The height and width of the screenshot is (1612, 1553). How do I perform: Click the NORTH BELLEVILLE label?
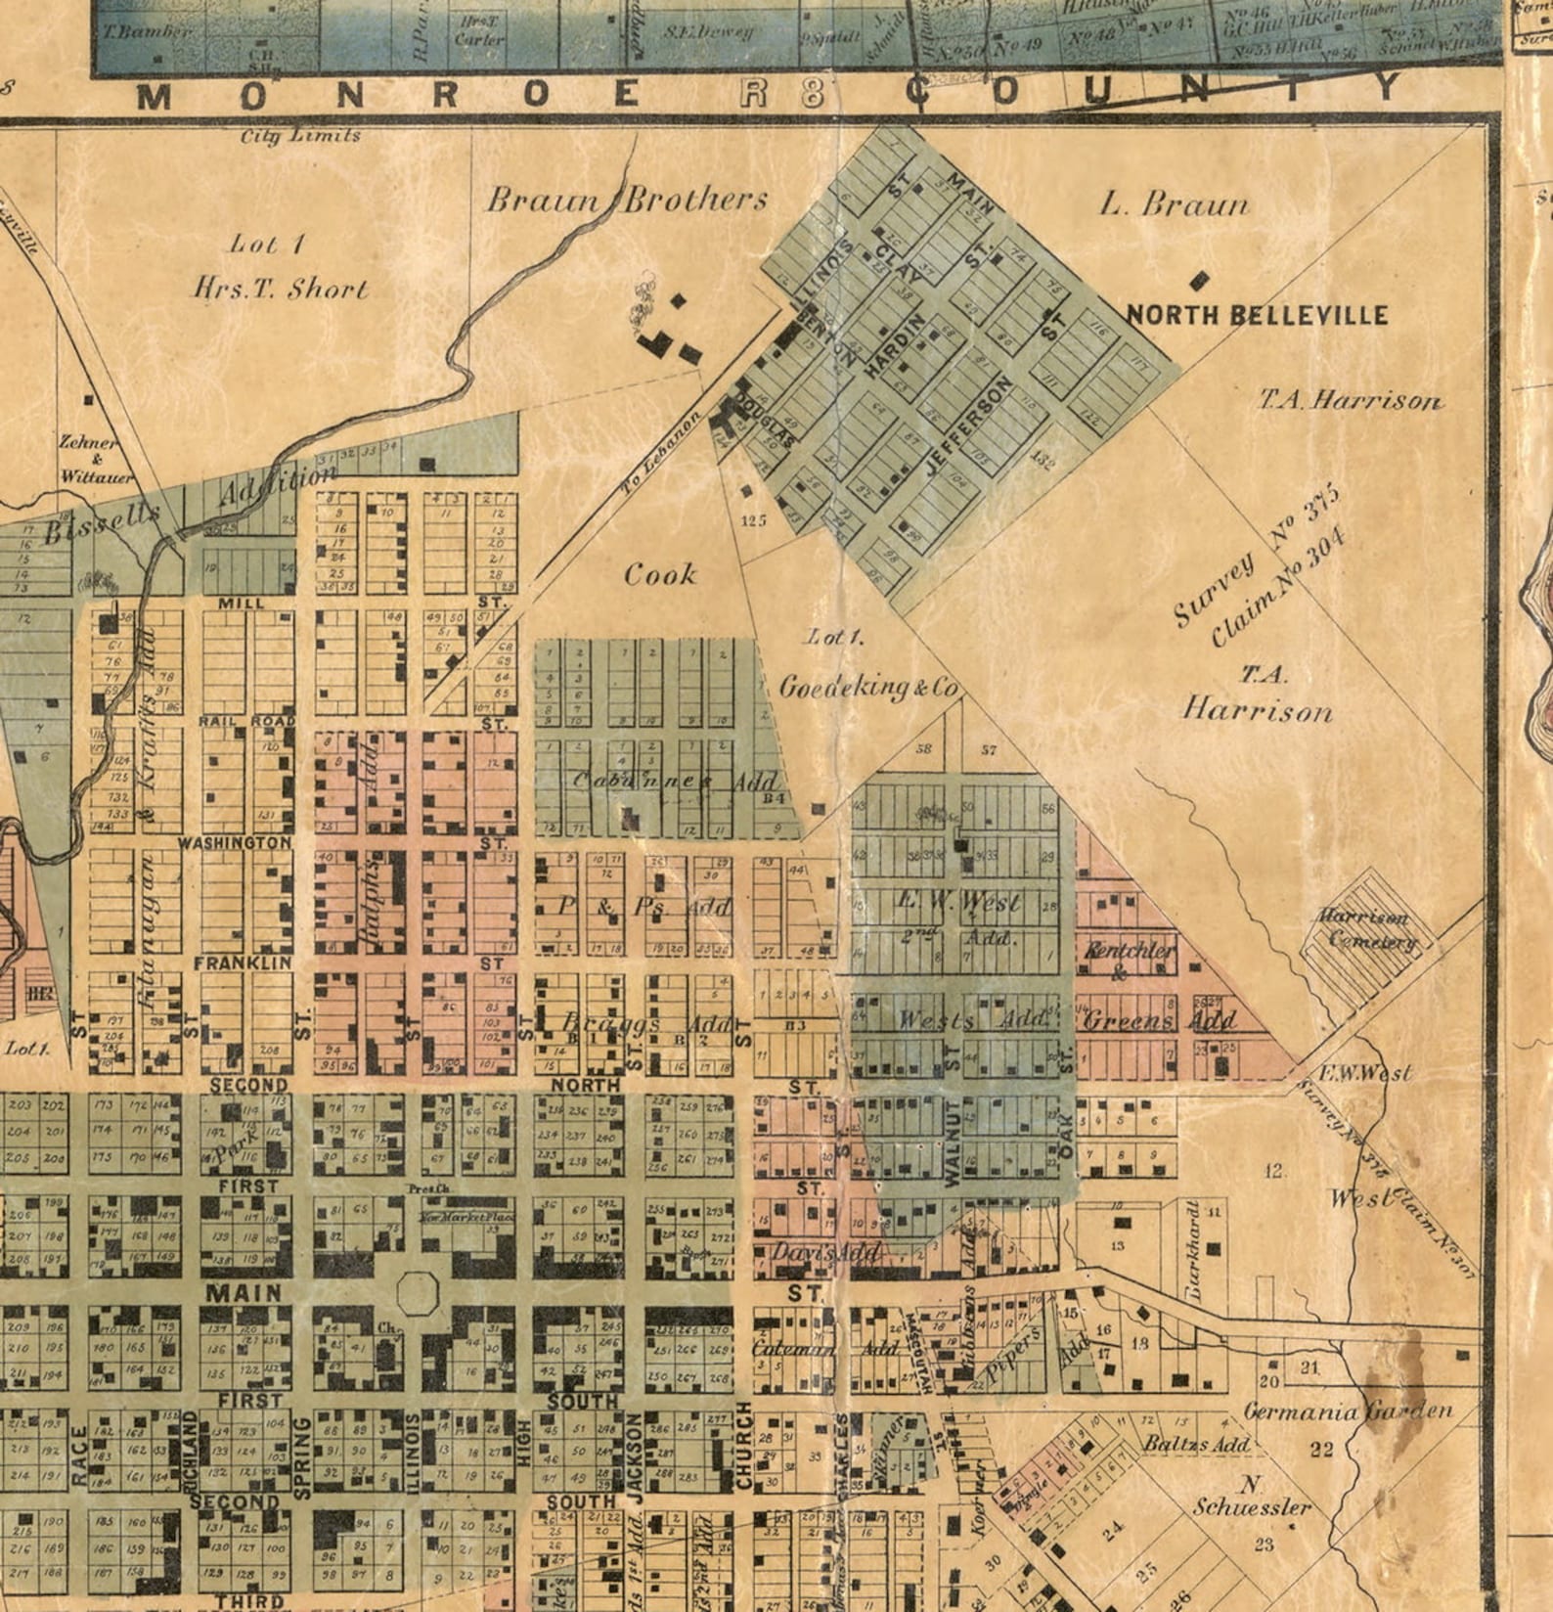point(1257,315)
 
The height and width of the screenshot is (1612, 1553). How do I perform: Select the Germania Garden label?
point(1348,1411)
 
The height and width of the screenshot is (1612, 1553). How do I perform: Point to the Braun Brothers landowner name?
point(627,201)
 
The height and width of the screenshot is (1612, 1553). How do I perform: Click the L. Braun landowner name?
point(1174,204)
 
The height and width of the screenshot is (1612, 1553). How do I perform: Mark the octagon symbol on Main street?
point(419,1292)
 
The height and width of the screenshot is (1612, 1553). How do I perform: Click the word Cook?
point(661,574)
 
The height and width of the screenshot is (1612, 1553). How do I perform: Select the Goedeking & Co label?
point(866,688)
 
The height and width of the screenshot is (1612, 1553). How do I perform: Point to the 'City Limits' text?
point(301,136)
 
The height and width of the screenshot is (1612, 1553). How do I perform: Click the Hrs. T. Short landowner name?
point(281,288)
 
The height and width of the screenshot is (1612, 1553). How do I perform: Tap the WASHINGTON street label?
point(234,842)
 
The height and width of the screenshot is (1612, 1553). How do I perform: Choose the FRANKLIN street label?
point(244,963)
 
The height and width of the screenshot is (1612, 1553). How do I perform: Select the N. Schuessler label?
point(1253,1495)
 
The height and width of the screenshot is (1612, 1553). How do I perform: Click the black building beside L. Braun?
point(1198,282)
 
